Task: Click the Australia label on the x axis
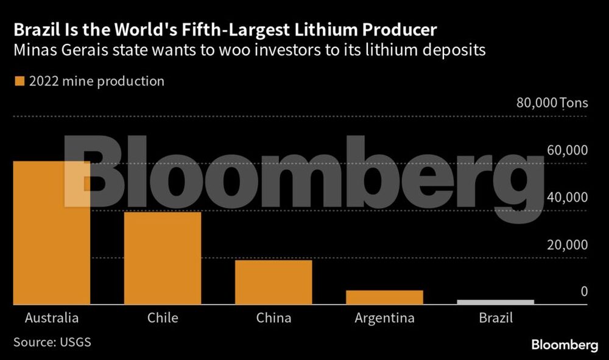click(x=52, y=318)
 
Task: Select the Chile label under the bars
click(x=163, y=318)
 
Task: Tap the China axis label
click(x=273, y=318)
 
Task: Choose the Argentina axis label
click(x=384, y=318)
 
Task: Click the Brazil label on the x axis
click(x=496, y=318)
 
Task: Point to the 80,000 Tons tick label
click(x=552, y=102)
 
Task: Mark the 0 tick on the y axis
click(x=583, y=292)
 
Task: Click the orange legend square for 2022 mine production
click(x=19, y=81)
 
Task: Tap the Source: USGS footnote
click(x=52, y=342)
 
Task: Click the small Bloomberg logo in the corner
click(x=565, y=345)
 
